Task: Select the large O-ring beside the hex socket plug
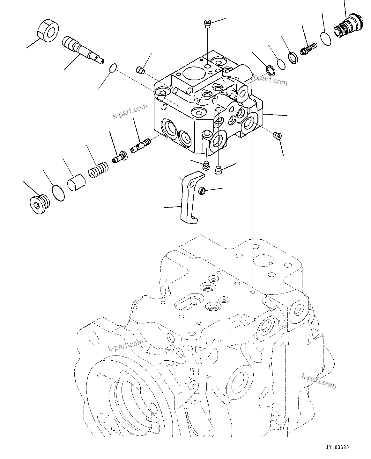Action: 58,193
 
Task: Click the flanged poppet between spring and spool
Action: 120,157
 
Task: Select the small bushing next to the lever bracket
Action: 202,191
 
